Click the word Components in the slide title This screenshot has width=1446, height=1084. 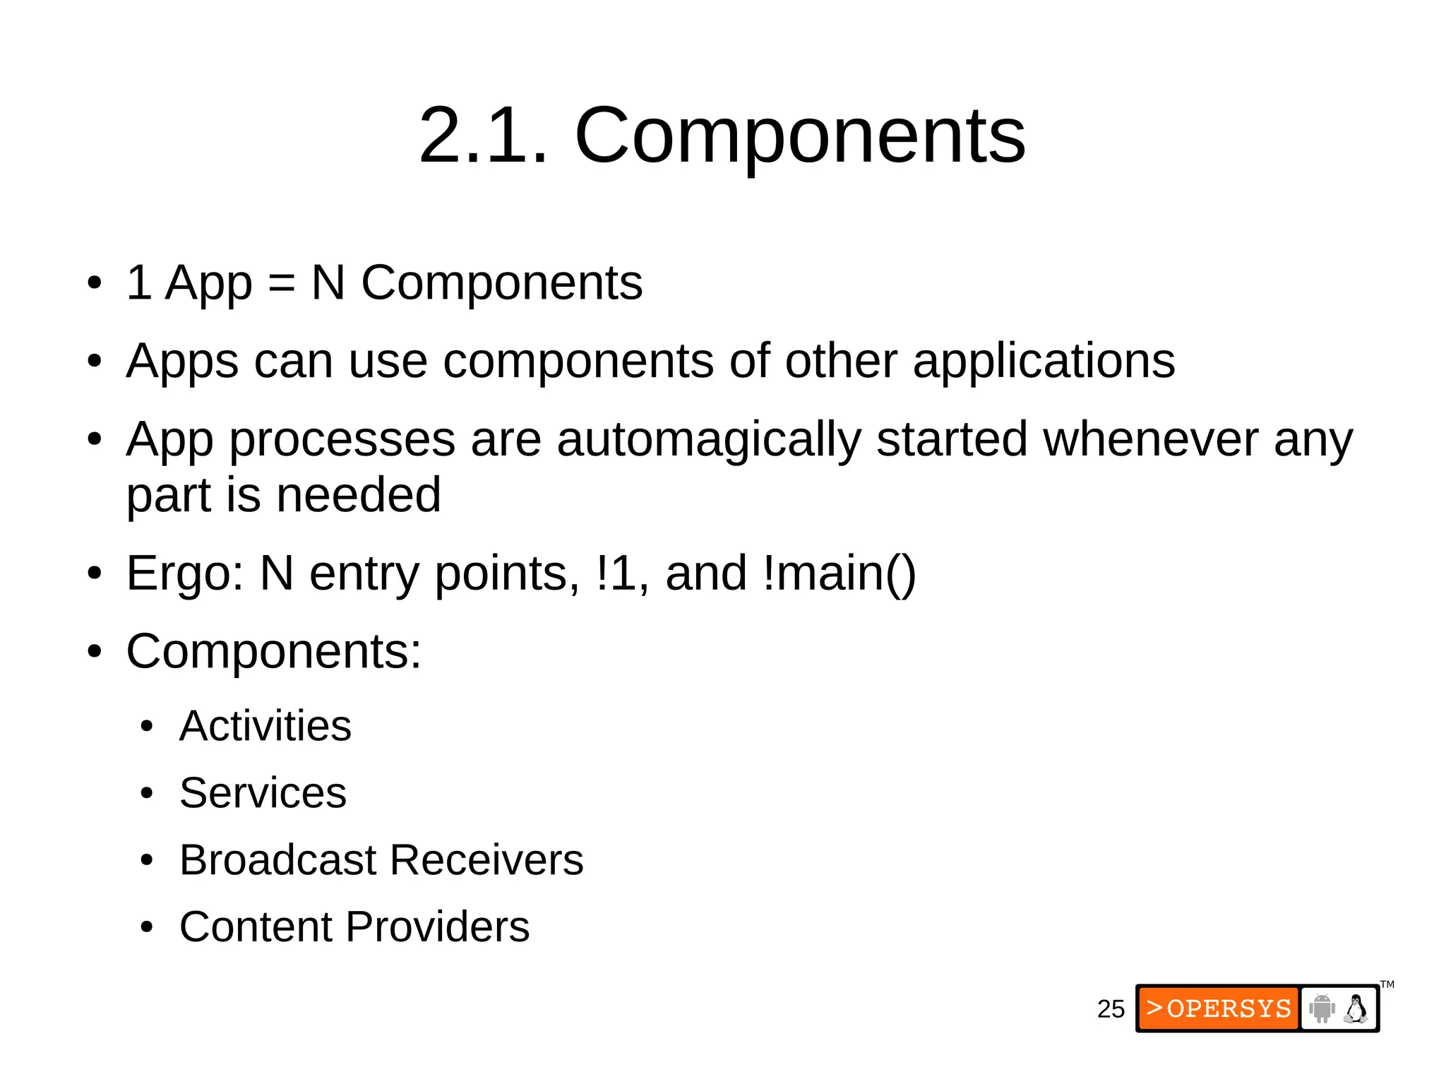tap(800, 136)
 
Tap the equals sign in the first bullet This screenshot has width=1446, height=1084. tap(281, 284)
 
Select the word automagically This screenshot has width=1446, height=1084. tap(709, 440)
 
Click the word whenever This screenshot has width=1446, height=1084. tap(1151, 440)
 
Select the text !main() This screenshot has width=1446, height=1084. tap(839, 573)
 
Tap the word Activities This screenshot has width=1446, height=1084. tap(265, 726)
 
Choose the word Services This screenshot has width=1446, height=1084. tap(263, 793)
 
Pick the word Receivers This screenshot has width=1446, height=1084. tap(486, 860)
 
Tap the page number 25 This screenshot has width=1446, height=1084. tap(1111, 1009)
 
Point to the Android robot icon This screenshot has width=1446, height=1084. tap(1322, 1008)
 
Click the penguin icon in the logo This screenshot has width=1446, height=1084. tap(1356, 1008)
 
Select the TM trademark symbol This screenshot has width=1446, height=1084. tap(1387, 984)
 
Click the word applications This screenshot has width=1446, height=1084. tap(1044, 362)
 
